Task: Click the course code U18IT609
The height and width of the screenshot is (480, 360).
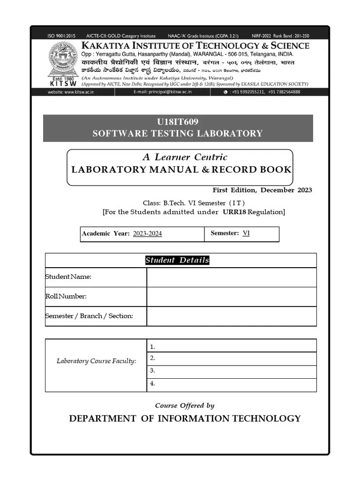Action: click(178, 122)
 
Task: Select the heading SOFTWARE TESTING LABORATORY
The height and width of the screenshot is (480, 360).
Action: click(178, 134)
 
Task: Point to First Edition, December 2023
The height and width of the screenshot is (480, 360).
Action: click(262, 190)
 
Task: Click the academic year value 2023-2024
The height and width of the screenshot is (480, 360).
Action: click(147, 233)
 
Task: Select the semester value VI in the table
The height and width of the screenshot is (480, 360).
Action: click(246, 233)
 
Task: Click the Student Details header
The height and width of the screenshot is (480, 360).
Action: click(177, 261)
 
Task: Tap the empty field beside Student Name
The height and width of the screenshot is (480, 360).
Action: click(231, 277)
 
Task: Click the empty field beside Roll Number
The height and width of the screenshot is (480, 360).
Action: click(231, 296)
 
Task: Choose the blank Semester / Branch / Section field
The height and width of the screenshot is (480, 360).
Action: click(231, 316)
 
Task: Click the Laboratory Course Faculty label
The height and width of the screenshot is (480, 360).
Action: click(96, 361)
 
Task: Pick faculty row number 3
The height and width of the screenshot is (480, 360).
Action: click(231, 371)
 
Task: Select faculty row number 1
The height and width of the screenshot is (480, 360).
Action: click(231, 346)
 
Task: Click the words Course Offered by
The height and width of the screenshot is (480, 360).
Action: click(185, 405)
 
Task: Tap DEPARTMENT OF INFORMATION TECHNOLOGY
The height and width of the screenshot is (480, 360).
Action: click(185, 419)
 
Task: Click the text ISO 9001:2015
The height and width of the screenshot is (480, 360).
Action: click(61, 36)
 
